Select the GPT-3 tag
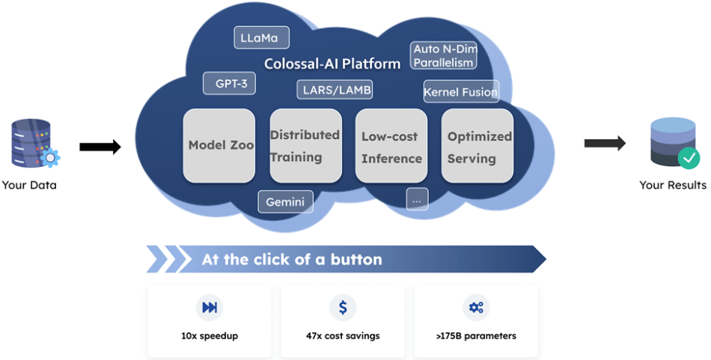230,83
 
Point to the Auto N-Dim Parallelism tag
444,55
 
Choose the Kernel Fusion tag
460,92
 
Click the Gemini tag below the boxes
285,201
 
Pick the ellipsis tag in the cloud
417,199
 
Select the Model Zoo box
221,145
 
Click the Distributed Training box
305,145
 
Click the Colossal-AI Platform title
332,64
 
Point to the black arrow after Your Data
100,147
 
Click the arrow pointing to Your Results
605,143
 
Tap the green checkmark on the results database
689,158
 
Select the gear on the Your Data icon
50,157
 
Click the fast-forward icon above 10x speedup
210,307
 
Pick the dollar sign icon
343,307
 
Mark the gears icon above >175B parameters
476,307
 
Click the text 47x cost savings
343,336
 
